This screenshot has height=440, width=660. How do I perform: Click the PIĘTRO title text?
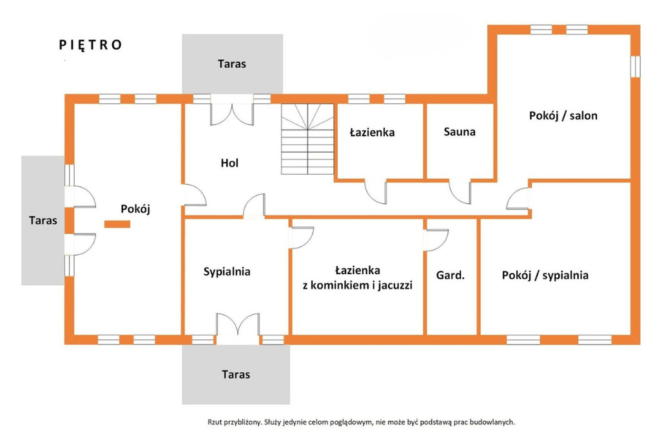90,45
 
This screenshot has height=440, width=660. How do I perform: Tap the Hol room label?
229,163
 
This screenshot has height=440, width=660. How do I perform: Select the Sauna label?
460,132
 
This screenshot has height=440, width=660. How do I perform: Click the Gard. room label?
451,275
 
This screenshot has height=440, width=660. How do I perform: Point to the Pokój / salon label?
563,116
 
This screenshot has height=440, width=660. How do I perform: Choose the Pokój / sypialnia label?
545,275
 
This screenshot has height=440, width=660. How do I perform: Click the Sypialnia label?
226,272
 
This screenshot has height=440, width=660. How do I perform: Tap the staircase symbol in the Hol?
307,139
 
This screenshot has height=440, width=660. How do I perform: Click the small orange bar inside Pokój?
117,224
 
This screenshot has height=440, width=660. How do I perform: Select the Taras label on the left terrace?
43,220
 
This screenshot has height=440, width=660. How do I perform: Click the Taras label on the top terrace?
231,64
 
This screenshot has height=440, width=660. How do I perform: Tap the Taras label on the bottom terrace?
235,374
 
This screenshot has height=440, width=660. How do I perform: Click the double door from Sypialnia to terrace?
238,326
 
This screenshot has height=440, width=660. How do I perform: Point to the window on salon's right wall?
636,66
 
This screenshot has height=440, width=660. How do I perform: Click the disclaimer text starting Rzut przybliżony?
361,422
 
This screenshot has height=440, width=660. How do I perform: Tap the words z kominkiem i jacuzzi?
357,285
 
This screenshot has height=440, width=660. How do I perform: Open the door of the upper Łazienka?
374,190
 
